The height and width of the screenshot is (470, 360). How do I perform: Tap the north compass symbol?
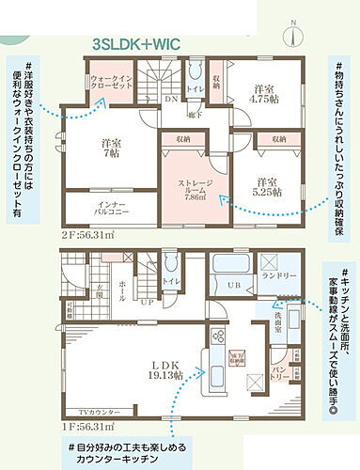pyautogui.click(x=293, y=31)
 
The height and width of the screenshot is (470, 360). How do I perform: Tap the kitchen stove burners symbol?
pyautogui.click(x=214, y=333)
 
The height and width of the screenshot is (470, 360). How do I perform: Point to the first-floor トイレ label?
pyautogui.click(x=171, y=281)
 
